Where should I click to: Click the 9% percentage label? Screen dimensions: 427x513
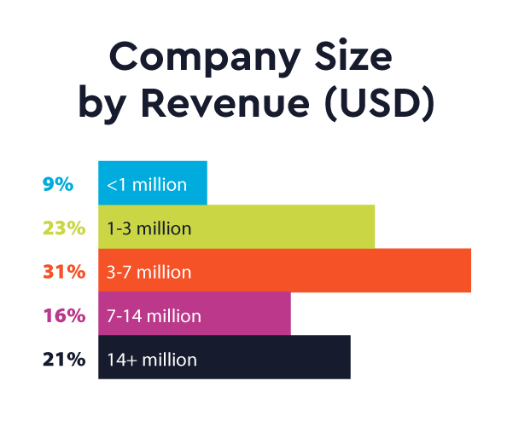click(58, 183)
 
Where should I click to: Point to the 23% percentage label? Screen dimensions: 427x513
click(63, 228)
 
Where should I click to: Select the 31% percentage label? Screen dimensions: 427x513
click(63, 272)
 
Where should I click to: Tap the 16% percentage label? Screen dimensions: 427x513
click(63, 315)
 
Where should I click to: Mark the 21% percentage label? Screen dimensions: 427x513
click(63, 359)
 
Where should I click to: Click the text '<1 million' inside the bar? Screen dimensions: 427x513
click(147, 184)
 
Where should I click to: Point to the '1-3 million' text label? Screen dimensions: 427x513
click(149, 228)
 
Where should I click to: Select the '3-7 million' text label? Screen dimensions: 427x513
click(149, 273)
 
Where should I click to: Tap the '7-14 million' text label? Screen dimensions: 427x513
click(154, 316)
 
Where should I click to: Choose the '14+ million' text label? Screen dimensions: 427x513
click(152, 360)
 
